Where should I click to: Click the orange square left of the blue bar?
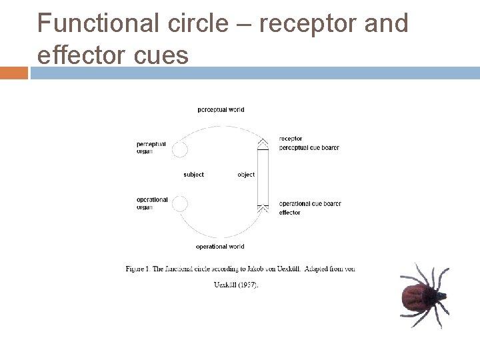[x=14, y=72]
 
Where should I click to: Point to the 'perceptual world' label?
[x=221, y=109]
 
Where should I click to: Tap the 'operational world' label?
[x=220, y=247]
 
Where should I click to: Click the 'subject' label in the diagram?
[x=193, y=175]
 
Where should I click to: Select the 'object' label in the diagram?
[x=246, y=175]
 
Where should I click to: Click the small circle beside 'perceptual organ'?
[x=180, y=149]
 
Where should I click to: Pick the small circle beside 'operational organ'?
[x=180, y=203]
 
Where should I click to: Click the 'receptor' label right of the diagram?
[x=291, y=139]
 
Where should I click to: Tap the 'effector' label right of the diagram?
[x=289, y=213]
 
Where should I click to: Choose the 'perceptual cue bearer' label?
[x=309, y=147]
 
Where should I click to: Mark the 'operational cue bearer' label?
[x=310, y=203]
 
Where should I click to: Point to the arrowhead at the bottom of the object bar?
[x=263, y=209]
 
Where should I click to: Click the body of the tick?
[x=417, y=297]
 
